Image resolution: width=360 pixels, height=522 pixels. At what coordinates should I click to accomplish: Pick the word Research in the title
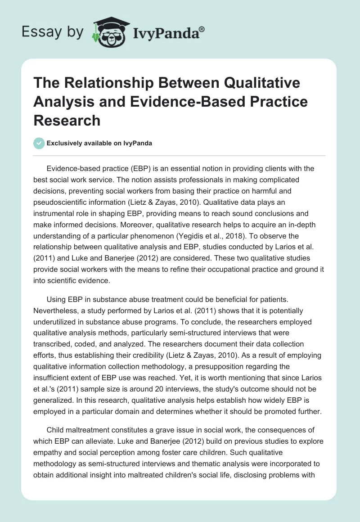click(x=67, y=120)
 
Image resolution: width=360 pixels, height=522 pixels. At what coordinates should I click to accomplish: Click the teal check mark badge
click(x=39, y=144)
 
